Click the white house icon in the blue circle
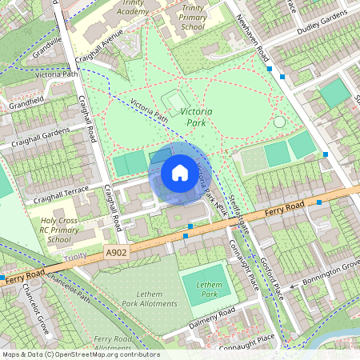pyautogui.click(x=180, y=172)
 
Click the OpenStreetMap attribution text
pyautogui.click(x=80, y=354)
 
